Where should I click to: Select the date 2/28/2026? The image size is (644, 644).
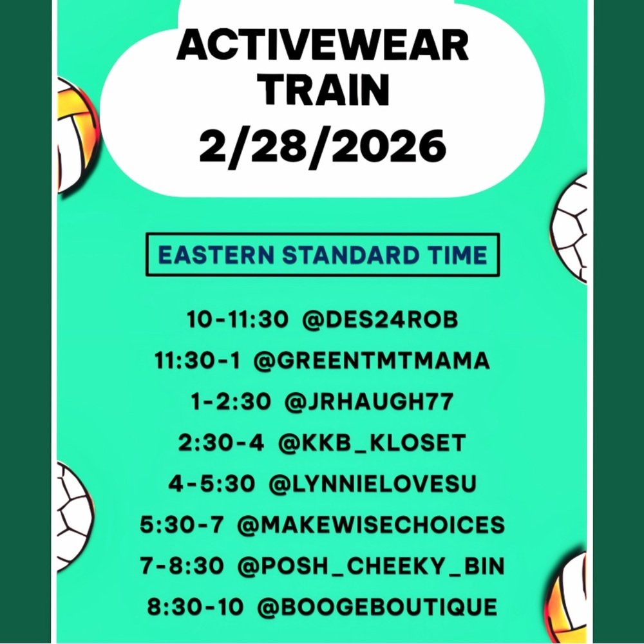(x=322, y=146)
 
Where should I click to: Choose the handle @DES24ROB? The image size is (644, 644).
(x=380, y=320)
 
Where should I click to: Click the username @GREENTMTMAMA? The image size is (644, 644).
(x=372, y=361)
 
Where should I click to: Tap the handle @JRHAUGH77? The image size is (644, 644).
(x=368, y=402)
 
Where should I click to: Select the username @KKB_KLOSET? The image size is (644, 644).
(x=372, y=443)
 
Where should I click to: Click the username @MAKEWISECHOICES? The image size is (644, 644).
(x=371, y=525)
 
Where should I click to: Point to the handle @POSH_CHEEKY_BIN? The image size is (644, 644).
(x=371, y=566)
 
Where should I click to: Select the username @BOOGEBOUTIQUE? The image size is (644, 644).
(x=377, y=607)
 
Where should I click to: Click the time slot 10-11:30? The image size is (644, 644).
(x=237, y=320)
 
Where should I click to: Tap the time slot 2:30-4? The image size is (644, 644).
(x=221, y=443)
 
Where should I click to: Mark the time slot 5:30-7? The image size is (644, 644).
(x=182, y=525)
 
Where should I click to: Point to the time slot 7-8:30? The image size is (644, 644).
(x=182, y=566)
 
